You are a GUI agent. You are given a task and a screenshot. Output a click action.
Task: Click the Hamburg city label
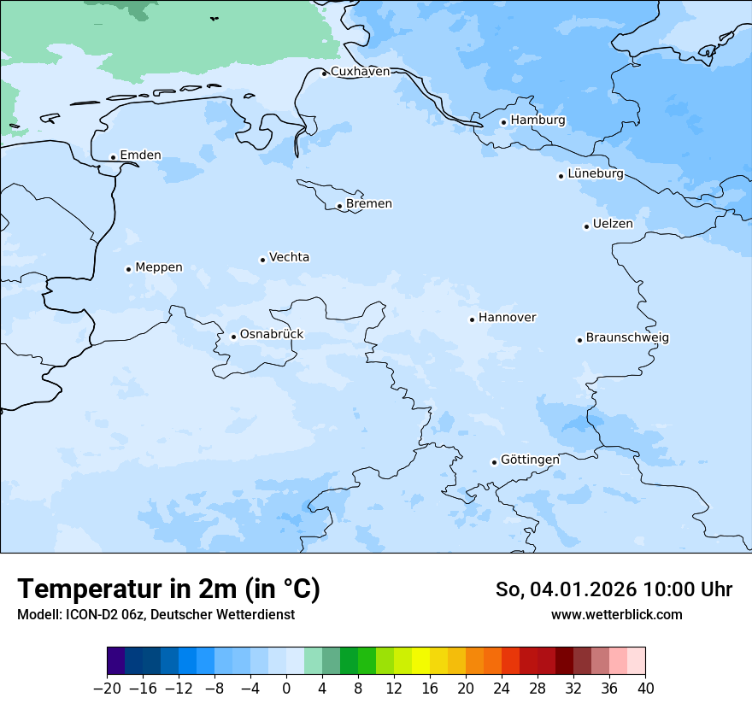538,120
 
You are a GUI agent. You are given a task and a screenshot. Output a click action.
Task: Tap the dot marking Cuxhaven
324,73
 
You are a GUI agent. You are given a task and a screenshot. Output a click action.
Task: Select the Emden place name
140,155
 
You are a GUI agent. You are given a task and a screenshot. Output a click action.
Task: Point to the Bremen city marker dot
339,206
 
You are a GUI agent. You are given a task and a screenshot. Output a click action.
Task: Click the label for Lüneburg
596,173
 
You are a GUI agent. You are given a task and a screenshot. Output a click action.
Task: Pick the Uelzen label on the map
613,224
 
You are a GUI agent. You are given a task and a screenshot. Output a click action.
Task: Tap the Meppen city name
159,267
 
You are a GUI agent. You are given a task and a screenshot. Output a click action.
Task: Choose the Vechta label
289,257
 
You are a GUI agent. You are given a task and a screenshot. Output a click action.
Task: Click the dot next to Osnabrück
233,337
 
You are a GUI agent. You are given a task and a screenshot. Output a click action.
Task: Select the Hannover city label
507,318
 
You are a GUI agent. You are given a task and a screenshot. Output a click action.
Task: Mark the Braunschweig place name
627,337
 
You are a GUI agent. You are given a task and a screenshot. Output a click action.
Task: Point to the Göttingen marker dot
494,462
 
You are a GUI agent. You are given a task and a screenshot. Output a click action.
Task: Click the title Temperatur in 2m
168,589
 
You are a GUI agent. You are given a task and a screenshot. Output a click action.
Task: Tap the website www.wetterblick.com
616,614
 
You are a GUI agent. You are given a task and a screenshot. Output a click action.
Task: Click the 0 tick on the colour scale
286,688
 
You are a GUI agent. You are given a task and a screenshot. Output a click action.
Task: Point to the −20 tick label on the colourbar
107,688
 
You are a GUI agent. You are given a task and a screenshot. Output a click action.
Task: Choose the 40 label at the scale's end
645,688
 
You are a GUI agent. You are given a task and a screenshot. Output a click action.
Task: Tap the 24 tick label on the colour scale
502,688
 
